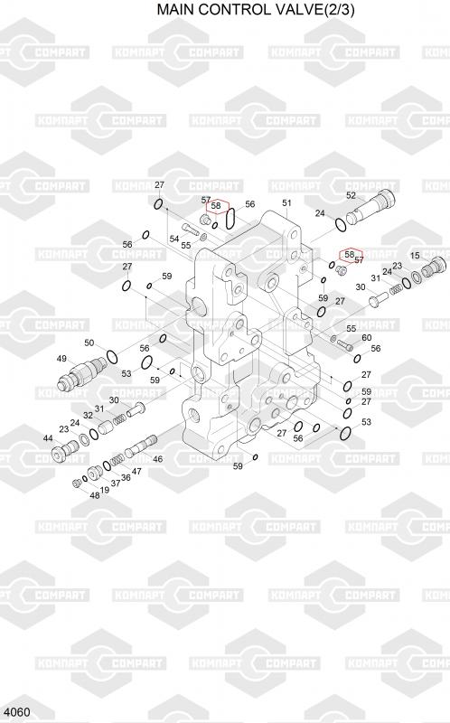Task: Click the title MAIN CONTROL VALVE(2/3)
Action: (x=256, y=9)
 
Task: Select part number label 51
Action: (x=286, y=202)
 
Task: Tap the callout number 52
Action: (x=351, y=195)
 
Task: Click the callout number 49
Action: (x=61, y=358)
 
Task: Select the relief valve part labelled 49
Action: (x=81, y=374)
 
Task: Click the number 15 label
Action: (x=415, y=256)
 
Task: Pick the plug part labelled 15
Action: (x=436, y=268)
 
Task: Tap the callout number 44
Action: (x=48, y=438)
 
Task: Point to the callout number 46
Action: (x=158, y=459)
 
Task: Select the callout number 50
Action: (x=89, y=343)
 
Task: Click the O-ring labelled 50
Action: (x=111, y=356)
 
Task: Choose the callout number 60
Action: (x=367, y=337)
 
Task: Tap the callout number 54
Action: (x=173, y=239)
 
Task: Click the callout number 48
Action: (x=94, y=495)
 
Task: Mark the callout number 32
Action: (x=88, y=415)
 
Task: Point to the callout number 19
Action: (x=105, y=490)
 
